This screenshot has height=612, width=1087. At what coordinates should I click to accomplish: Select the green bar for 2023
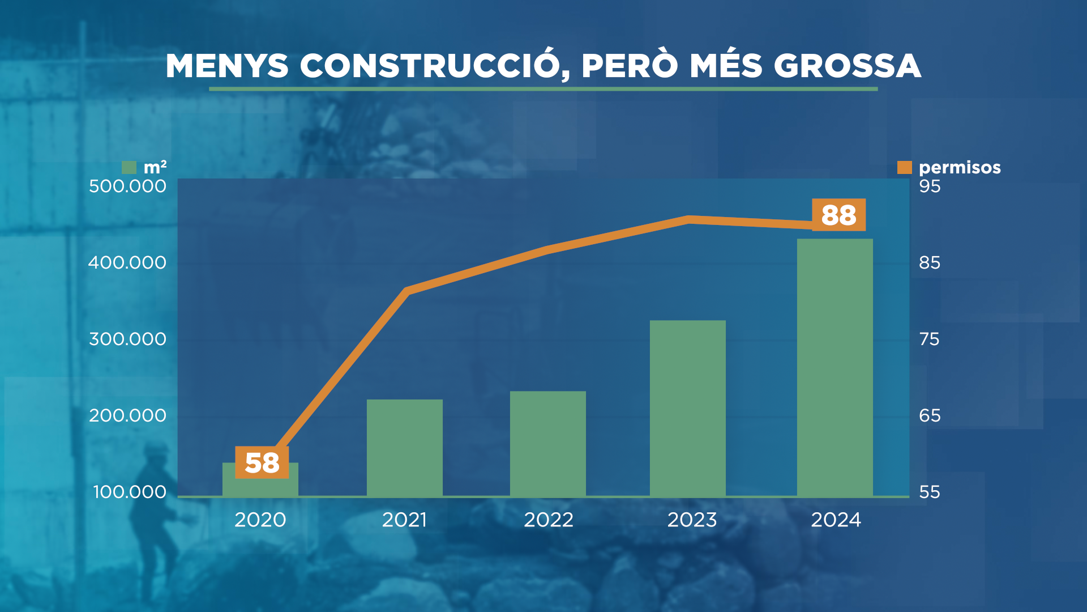point(687,408)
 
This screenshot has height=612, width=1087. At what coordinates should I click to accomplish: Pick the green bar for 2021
point(404,448)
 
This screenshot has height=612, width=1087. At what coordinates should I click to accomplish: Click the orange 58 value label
point(262,462)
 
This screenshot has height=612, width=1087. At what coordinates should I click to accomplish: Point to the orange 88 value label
point(838,215)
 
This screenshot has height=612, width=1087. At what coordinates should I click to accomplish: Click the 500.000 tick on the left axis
point(127,186)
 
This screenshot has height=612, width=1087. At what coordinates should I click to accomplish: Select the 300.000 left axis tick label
point(127,339)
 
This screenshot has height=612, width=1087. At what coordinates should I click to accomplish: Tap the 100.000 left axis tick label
point(130,491)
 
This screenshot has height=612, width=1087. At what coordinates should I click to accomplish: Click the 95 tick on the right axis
point(930,186)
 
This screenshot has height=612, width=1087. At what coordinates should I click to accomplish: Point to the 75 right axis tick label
point(930,339)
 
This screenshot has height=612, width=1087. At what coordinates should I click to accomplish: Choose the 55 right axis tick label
point(930,491)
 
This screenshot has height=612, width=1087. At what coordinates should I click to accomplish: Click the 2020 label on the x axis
point(260,520)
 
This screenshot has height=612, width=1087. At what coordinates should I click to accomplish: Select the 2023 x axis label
point(692,520)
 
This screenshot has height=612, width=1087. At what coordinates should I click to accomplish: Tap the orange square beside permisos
point(904,167)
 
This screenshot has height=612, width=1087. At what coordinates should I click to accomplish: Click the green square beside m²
point(129,167)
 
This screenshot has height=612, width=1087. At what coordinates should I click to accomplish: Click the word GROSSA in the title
point(847,66)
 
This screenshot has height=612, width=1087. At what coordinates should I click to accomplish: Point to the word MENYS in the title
point(227,66)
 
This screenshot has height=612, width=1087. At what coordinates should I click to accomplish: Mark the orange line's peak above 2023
point(688,219)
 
